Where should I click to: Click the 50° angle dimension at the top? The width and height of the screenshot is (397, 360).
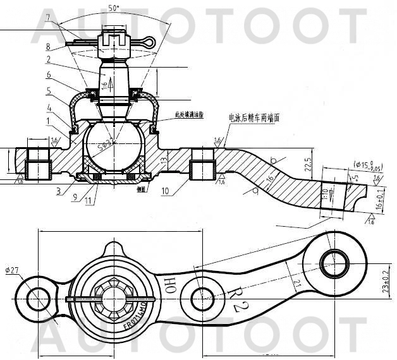(114, 9)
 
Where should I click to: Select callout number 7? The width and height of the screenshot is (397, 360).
(48, 25)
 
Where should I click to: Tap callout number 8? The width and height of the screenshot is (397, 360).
(48, 46)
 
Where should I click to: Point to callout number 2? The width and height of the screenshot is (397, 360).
(48, 60)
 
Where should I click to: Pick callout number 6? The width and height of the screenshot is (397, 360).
(48, 75)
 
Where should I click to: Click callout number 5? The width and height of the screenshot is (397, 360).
(48, 91)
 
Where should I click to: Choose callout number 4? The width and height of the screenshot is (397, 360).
(48, 107)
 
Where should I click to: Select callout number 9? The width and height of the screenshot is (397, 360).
(75, 198)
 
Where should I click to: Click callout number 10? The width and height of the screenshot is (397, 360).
(166, 190)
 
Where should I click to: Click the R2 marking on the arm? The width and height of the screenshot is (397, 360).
(236, 298)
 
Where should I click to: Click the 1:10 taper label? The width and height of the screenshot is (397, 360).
(325, 193)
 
